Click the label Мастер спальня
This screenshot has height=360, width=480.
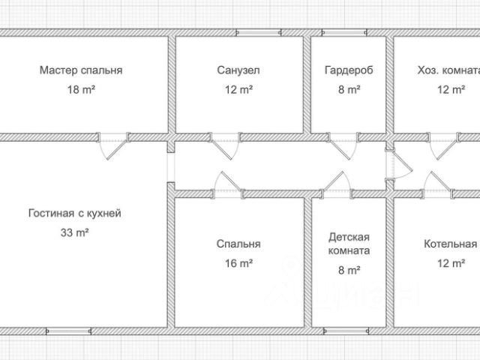81,70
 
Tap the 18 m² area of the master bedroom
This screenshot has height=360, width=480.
81,90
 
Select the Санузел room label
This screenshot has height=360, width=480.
238,70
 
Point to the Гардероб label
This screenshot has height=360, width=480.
349,70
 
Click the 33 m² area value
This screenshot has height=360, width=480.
75,232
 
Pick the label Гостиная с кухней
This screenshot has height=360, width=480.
75,213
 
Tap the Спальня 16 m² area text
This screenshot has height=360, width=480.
238,263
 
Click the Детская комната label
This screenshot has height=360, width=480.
349,244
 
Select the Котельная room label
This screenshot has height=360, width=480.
450,244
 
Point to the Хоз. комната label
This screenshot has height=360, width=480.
448,70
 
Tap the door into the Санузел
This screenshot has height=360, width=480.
224,146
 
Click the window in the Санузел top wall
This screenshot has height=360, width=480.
259,33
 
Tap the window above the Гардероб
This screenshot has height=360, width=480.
344,33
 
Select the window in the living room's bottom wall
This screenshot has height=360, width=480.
68,331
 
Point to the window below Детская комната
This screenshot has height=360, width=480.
346,331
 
